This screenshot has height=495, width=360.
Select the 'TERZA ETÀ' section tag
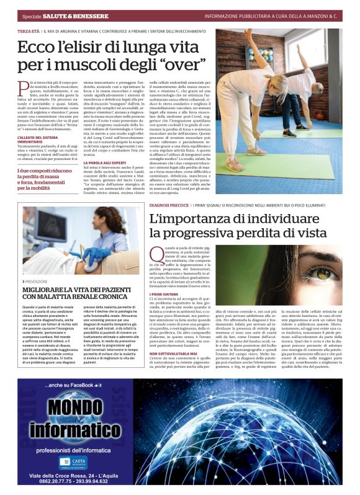[x=29, y=30]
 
